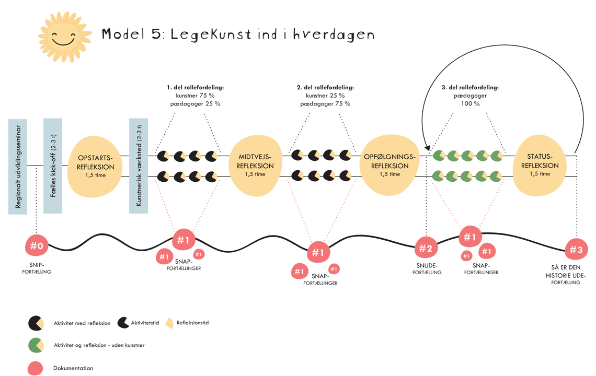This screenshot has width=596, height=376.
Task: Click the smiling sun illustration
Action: pyautogui.click(x=64, y=37)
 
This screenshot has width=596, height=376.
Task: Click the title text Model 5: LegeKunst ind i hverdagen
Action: pyautogui.click(x=238, y=34)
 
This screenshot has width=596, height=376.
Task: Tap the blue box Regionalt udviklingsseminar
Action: pyautogui.click(x=18, y=166)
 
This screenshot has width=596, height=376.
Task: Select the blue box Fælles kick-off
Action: pyautogui.click(x=53, y=166)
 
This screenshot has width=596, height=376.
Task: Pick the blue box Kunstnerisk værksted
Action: pyautogui.click(x=139, y=166)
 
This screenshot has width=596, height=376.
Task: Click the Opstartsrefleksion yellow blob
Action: pyautogui.click(x=95, y=166)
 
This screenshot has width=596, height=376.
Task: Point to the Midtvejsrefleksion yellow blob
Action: pyautogui.click(x=255, y=166)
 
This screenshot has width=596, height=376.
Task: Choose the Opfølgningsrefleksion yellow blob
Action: pyautogui.click(x=388, y=165)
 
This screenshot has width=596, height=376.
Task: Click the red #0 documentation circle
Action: pyautogui.click(x=37, y=245)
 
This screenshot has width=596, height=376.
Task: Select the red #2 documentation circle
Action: pyautogui.click(x=426, y=248)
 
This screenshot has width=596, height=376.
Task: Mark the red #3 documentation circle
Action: pyautogui.click(x=576, y=250)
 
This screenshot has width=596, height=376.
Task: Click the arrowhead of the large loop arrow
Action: pyautogui.click(x=427, y=149)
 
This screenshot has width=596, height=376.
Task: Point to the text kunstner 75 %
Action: pyautogui.click(x=195, y=96)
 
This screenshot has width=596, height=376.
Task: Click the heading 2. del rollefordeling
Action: pyautogui.click(x=325, y=87)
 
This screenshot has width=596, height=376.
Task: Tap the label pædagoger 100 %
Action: pyautogui.click(x=471, y=100)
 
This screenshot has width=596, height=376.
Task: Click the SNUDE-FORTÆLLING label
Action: pyautogui.click(x=427, y=268)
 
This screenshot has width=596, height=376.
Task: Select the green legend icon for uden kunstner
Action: pyautogui.click(x=36, y=345)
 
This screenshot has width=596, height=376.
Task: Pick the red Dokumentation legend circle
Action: pyautogui.click(x=36, y=368)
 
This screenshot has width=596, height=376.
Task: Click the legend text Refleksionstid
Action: pyautogui.click(x=192, y=323)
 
